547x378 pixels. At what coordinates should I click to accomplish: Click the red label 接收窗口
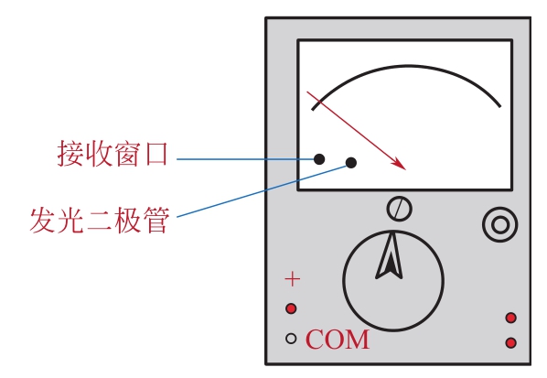(113, 154)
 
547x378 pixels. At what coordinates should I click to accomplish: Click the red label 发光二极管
(100, 220)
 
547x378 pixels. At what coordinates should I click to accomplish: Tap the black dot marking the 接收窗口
(319, 159)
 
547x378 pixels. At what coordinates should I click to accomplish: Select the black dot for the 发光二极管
(351, 163)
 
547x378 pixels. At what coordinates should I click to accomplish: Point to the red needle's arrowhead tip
(406, 169)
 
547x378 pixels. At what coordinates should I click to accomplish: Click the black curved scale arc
(407, 65)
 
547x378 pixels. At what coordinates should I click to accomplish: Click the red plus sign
(293, 279)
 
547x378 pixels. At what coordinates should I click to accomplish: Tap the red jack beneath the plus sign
(291, 308)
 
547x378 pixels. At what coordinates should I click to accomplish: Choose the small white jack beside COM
(291, 339)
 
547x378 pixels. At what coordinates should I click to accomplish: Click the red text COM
(338, 340)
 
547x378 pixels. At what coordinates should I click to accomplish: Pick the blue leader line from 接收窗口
(246, 159)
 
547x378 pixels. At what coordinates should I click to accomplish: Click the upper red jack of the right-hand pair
(511, 318)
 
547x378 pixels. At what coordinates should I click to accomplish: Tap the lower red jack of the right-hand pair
(511, 342)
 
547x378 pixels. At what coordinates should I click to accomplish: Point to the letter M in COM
(358, 340)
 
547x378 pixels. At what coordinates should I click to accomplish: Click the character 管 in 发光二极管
(156, 220)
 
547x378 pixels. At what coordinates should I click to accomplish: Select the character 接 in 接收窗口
(70, 154)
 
